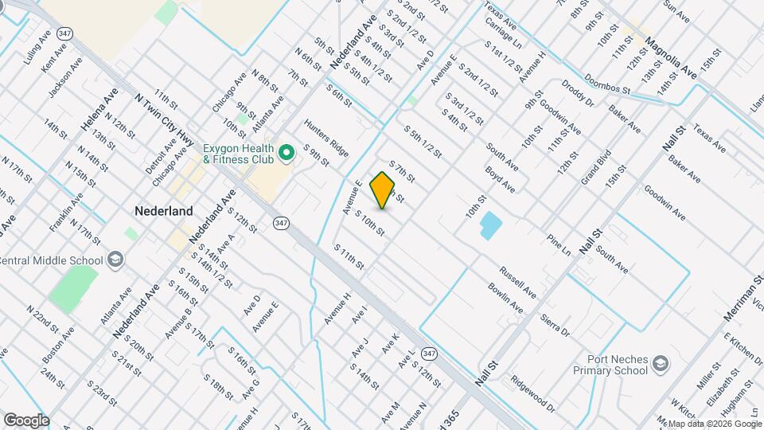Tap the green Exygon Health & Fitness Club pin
287,150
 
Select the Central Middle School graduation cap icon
115,260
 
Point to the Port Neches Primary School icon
660,364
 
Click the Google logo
26,420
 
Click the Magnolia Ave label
670,56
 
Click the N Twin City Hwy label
165,119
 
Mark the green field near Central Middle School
73,288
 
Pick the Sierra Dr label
555,324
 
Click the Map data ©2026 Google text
712,424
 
